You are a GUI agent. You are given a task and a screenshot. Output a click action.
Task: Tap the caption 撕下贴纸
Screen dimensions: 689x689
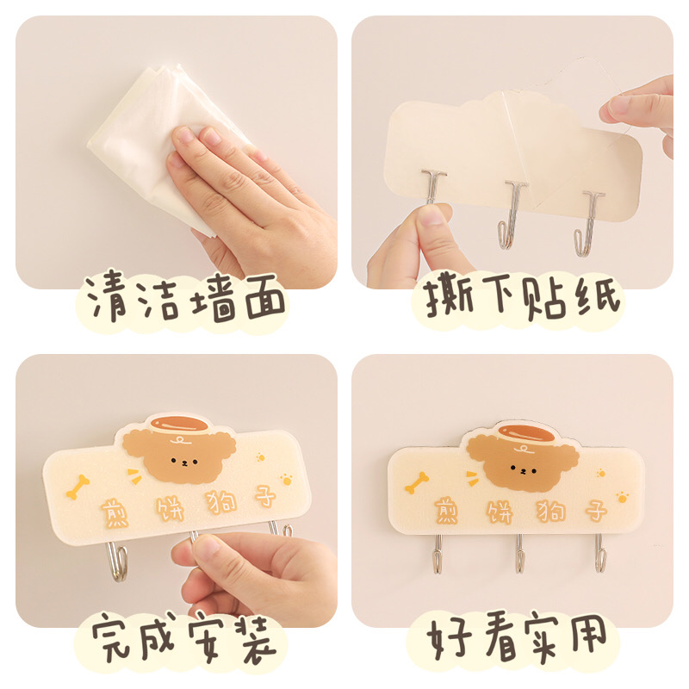(x=522, y=295)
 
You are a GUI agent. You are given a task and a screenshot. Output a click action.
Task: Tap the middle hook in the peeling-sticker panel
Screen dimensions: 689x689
(x=512, y=214)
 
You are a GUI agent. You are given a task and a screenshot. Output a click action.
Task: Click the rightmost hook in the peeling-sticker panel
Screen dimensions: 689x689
(x=588, y=223)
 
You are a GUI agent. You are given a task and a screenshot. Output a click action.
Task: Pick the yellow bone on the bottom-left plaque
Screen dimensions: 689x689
(x=78, y=487)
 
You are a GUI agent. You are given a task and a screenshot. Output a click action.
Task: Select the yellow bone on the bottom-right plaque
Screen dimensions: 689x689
(x=417, y=482)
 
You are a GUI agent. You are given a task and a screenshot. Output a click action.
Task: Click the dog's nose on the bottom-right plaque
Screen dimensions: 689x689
(x=523, y=471)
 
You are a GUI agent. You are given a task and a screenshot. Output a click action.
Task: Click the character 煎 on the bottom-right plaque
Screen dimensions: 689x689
(x=447, y=511)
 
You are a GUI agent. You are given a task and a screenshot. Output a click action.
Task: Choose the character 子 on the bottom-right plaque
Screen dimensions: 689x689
(x=596, y=510)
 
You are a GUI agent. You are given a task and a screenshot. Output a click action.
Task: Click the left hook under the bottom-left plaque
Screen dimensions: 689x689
(x=117, y=562)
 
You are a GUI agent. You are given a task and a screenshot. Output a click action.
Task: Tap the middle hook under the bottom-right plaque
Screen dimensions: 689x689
(x=519, y=554)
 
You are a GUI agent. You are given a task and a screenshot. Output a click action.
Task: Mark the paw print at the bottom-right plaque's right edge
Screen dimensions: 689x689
(x=622, y=497)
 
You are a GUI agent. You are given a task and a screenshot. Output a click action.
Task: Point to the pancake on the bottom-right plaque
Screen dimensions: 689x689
(x=527, y=433)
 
